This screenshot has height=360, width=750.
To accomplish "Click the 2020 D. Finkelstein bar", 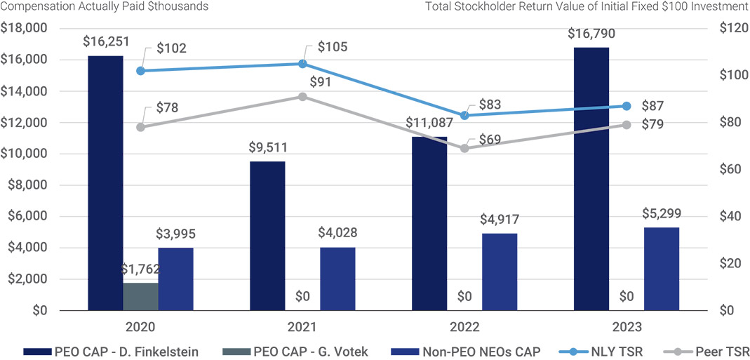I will pyautogui.click(x=105, y=182).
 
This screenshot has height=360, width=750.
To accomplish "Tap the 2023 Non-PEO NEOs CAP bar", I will pyautogui.click(x=661, y=269).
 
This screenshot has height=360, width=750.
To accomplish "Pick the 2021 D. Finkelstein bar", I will pyautogui.click(x=267, y=236).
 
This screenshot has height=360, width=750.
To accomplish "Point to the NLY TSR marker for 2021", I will pyautogui.click(x=302, y=64).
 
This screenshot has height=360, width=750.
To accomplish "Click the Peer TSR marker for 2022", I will pyautogui.click(x=464, y=149).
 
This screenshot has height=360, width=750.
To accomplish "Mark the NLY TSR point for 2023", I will pyautogui.click(x=627, y=106).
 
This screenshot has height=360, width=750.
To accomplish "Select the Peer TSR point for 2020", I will pyautogui.click(x=140, y=127).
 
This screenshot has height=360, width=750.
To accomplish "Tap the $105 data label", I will pyautogui.click(x=333, y=47).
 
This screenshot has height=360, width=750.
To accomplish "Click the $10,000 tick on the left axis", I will pyautogui.click(x=23, y=154).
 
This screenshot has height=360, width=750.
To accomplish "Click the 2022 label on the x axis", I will pyautogui.click(x=464, y=327).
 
